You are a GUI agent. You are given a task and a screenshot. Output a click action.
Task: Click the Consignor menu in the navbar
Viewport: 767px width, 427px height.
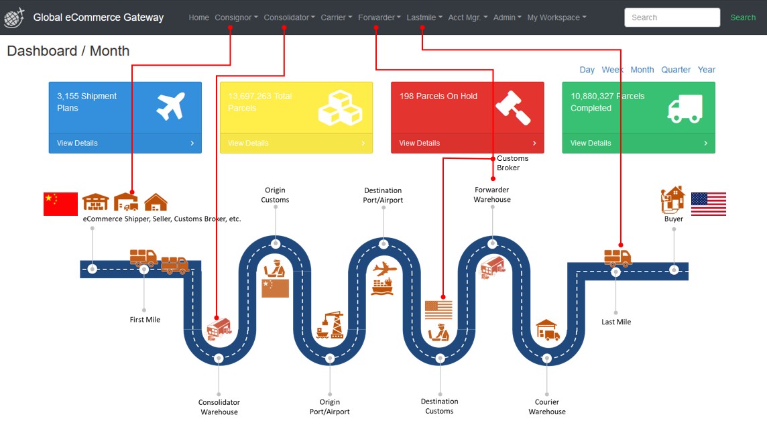pos(235,17)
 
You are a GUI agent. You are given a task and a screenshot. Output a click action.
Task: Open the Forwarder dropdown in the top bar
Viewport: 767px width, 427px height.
pos(379,17)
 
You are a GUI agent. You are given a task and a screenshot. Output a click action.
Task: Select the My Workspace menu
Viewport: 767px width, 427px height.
pos(556,17)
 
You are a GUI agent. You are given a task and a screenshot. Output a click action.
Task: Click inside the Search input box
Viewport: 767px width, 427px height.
pos(671,17)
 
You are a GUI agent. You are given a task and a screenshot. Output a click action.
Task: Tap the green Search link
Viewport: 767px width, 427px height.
pos(743,17)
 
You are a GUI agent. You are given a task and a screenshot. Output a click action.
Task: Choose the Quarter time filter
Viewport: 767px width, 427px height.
pos(676,70)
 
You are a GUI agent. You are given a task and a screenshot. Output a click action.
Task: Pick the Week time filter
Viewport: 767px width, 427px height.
pos(612,70)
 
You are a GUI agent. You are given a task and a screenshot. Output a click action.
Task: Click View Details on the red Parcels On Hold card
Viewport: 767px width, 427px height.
pos(420,143)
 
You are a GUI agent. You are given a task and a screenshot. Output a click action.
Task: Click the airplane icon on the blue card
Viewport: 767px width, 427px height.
pos(170,107)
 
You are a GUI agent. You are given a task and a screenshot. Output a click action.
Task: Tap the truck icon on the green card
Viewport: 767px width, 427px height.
pos(685,109)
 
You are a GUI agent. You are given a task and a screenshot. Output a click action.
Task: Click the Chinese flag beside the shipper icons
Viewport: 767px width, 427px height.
pos(60,204)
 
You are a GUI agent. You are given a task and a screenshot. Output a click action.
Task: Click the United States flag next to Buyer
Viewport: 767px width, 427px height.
pos(708,204)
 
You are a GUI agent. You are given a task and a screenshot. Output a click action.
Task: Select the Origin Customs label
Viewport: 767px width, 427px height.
pos(275,195)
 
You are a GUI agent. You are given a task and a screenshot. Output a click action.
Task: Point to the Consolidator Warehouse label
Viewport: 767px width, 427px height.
pos(219,407)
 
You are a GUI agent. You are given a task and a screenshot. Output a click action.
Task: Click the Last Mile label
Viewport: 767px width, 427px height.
pos(616,322)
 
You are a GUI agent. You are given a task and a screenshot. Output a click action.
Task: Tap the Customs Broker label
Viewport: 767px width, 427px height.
pos(512,163)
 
